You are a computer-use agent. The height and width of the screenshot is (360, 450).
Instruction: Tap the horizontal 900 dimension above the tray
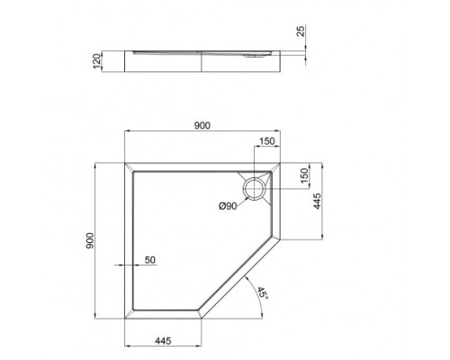(202, 126)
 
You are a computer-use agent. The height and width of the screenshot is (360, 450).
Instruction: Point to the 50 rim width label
(150, 260)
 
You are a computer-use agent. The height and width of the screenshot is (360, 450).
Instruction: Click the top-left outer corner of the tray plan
(122, 164)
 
